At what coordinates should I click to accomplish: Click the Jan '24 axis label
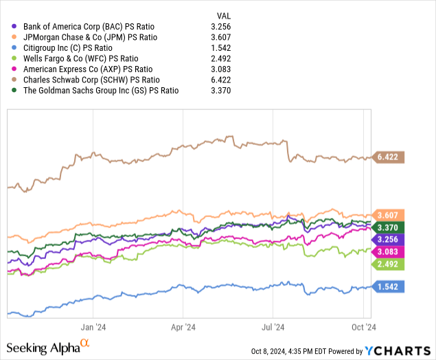[92, 328]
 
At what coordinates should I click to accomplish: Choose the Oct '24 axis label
[363, 328]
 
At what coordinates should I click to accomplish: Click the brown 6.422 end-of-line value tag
[388, 157]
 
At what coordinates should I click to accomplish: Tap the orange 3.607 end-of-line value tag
[388, 215]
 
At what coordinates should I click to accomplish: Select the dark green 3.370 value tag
[388, 227]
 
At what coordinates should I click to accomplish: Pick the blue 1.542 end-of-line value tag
[388, 286]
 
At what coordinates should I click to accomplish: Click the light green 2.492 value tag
[388, 263]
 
